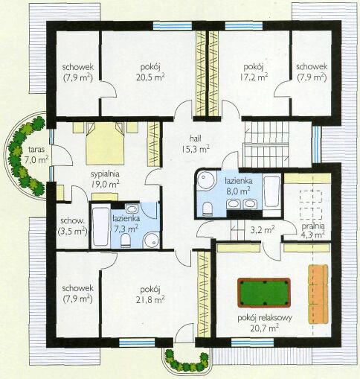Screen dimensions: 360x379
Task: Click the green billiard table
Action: [264, 293]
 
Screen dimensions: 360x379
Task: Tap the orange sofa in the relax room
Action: [318, 294]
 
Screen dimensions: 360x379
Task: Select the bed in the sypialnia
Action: [105, 143]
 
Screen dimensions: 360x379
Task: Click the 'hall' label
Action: [195, 138]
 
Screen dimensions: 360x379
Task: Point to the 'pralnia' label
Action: [313, 226]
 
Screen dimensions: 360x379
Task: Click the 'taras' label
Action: [36, 150]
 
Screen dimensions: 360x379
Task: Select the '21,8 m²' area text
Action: [150, 300]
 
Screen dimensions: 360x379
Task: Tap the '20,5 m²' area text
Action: [150, 77]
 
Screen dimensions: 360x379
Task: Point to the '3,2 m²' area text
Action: [263, 230]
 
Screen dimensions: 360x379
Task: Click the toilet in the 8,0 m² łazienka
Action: [208, 208]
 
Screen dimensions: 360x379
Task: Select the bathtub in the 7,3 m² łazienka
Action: [100, 226]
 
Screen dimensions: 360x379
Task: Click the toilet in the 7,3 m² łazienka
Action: [126, 241]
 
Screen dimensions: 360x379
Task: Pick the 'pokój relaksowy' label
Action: [265, 319]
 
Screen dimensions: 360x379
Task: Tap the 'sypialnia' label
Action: [105, 174]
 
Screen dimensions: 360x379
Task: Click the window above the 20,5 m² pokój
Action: [173, 26]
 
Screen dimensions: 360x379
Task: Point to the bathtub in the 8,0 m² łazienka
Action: [271, 193]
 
